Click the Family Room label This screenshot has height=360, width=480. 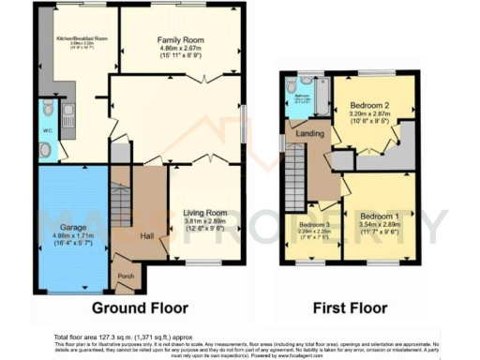coord(179,40)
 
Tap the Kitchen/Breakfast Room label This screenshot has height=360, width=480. coord(82,39)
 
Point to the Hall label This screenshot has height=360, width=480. coord(147,235)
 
